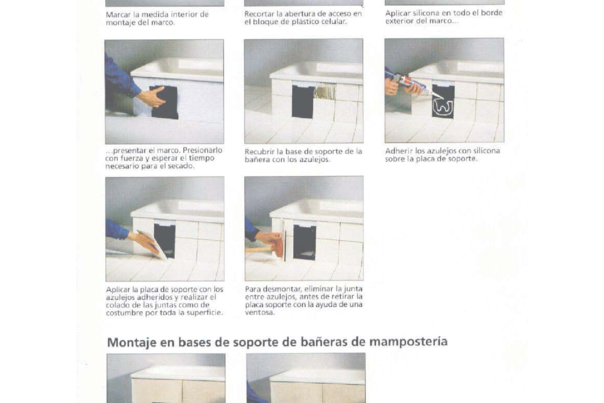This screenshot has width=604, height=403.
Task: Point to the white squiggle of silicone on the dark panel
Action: (441, 104)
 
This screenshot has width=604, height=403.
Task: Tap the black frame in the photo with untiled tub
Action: (160, 101)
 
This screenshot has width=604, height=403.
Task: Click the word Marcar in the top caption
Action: (117, 13)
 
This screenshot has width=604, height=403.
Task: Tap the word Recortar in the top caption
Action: (262, 13)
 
